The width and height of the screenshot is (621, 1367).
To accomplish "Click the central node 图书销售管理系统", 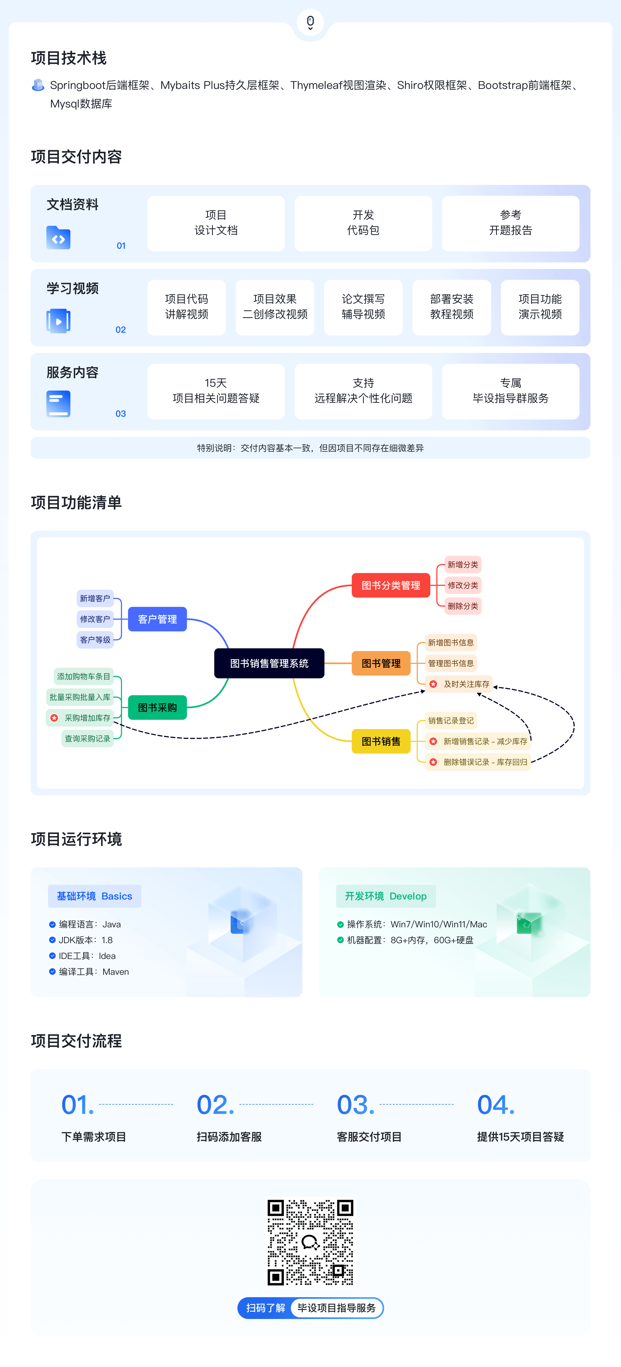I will point(269,663).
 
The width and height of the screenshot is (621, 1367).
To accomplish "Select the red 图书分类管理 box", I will point(391,585).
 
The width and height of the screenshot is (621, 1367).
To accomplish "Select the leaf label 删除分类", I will point(463,606).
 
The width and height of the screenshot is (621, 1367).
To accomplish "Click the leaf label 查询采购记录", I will point(88,739).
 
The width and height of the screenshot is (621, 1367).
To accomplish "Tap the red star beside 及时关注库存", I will point(433,684).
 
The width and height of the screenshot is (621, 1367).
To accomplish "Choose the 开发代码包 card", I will point(363,223).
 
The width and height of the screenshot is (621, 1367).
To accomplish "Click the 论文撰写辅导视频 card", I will point(363,307).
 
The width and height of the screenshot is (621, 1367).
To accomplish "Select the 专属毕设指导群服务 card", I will point(510,391).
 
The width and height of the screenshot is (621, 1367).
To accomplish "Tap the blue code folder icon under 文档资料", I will point(58,238).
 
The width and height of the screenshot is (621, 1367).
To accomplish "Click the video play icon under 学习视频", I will point(58,321).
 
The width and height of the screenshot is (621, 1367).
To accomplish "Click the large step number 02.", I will point(215,1105).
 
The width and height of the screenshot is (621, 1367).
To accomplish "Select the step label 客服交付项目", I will point(369,1137).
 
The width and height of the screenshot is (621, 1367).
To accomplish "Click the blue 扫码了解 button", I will point(265,1308).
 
